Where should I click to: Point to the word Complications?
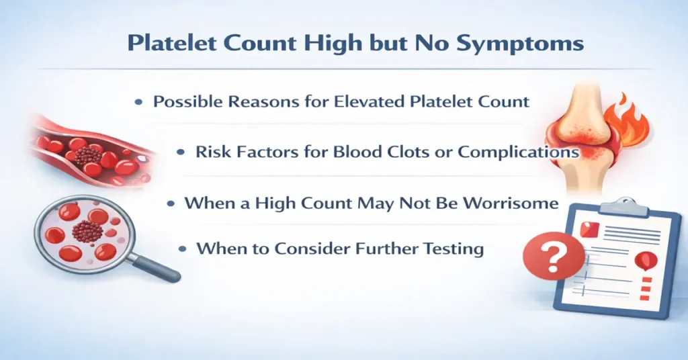(x=518, y=152)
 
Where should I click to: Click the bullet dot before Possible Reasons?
(x=138, y=103)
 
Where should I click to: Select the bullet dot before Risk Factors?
(x=181, y=152)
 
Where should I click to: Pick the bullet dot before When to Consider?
(x=182, y=249)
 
